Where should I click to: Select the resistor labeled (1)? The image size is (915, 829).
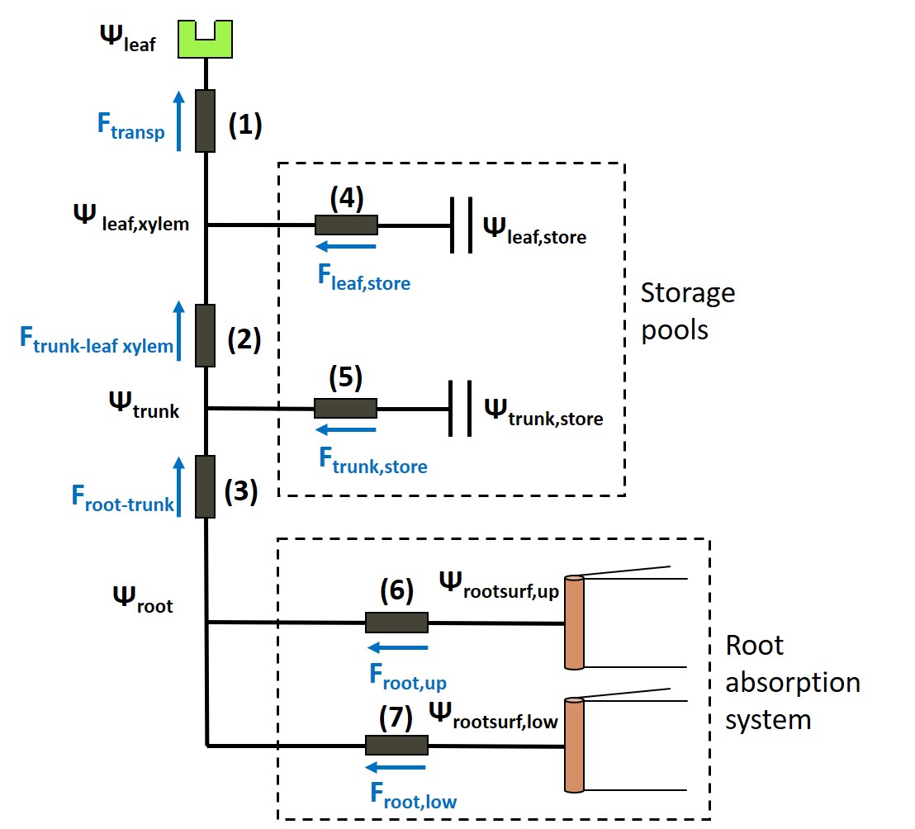click(x=206, y=121)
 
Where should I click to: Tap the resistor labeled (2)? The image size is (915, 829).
click(x=206, y=335)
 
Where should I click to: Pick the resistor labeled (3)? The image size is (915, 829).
click(x=206, y=486)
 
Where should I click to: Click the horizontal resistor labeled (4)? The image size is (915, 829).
click(x=346, y=225)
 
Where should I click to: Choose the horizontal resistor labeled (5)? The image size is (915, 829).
click(x=345, y=408)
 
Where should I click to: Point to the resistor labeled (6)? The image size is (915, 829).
click(x=396, y=623)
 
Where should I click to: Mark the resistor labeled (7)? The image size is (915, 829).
click(x=396, y=746)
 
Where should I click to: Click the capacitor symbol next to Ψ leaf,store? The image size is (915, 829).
click(x=461, y=225)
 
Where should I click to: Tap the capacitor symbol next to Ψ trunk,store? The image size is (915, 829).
click(x=461, y=408)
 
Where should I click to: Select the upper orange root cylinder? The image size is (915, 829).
click(x=574, y=622)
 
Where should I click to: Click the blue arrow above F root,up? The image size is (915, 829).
click(x=398, y=647)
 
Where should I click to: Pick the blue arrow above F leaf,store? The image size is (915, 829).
click(x=347, y=245)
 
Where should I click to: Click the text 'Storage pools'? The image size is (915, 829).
click(x=687, y=311)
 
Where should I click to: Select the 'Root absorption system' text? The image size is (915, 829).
click(x=791, y=682)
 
